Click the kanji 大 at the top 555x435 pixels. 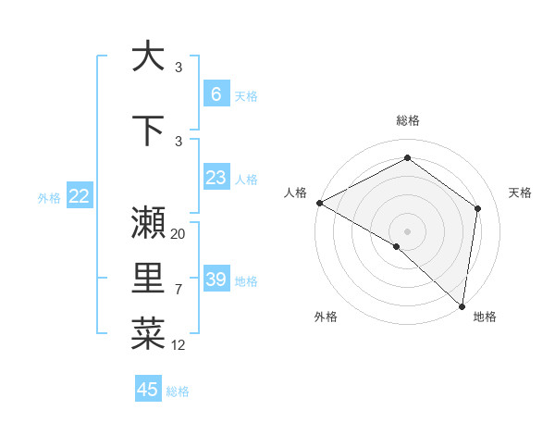[148, 56]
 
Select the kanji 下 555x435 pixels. [148, 130]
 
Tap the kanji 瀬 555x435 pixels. [148, 223]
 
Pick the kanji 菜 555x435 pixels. [148, 335]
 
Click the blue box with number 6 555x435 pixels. [216, 93]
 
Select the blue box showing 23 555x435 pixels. [216, 178]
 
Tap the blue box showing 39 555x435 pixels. [216, 280]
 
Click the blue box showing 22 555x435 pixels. [79, 196]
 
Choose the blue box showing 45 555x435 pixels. [148, 390]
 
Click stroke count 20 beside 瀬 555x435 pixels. [179, 234]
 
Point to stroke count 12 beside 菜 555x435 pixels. [179, 345]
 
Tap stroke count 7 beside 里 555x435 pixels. [179, 290]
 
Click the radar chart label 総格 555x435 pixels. [407, 120]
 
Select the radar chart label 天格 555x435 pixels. [520, 193]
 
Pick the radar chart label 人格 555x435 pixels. [295, 193]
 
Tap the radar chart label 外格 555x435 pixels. [326, 317]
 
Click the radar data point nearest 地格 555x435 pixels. [462, 305]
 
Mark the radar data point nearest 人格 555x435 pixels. [319, 203]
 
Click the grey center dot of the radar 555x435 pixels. [407, 230]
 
